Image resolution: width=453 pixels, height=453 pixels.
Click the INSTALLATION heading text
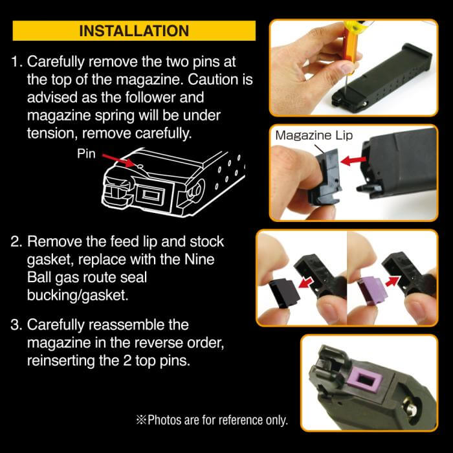pyautogui.click(x=134, y=30)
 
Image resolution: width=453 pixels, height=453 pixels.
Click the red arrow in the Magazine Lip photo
pyautogui.click(x=352, y=159)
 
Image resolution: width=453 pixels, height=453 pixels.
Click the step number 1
pyautogui.click(x=16, y=63)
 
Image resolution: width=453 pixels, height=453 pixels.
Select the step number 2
pyautogui.click(x=16, y=241)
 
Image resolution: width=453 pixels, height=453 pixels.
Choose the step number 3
pyautogui.click(x=16, y=324)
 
